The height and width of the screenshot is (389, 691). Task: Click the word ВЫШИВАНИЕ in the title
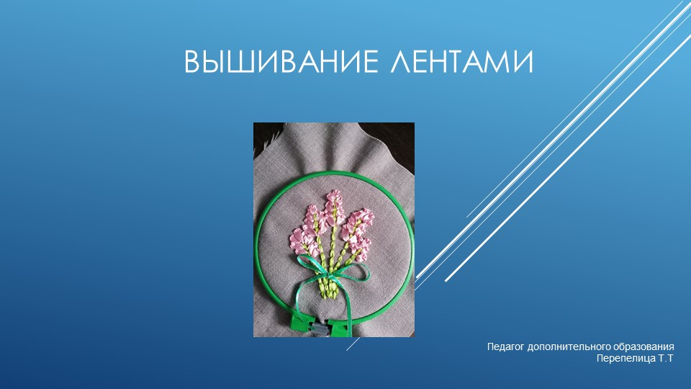click(x=276, y=63)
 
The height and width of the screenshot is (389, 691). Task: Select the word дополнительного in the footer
click(x=569, y=347)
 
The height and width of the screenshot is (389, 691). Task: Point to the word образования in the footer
click(x=643, y=347)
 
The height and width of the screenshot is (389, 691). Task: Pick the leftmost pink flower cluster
click(x=302, y=234)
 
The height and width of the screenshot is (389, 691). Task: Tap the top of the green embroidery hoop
click(x=335, y=172)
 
